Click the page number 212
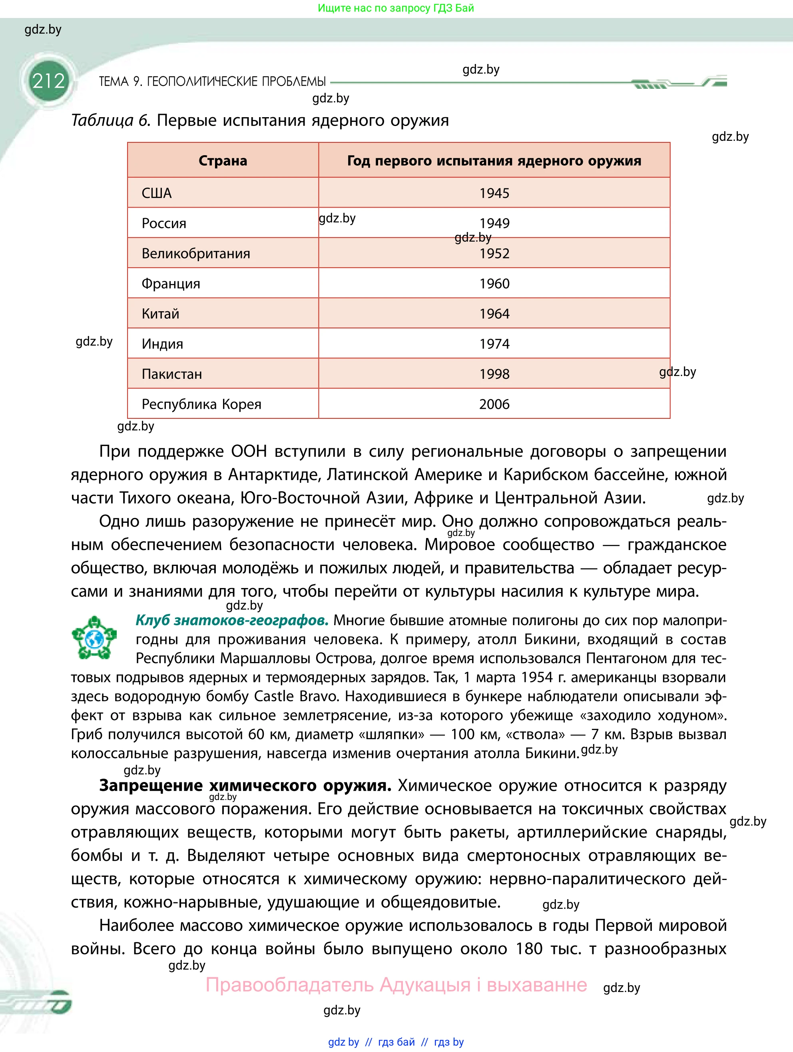pyautogui.click(x=48, y=81)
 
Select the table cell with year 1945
pyautogui.click(x=494, y=193)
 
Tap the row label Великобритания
pyautogui.click(x=196, y=254)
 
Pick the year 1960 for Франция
pyautogui.click(x=494, y=284)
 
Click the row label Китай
pyautogui.click(x=161, y=314)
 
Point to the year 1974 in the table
pyautogui.click(x=494, y=344)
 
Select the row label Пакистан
pyautogui.click(x=172, y=374)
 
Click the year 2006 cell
pyautogui.click(x=494, y=404)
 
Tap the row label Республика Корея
pyautogui.click(x=201, y=404)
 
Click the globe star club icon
pyautogui.click(x=94, y=638)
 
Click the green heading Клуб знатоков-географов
pyautogui.click(x=232, y=620)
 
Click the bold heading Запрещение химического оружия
pyautogui.click(x=245, y=785)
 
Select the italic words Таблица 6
pyautogui.click(x=111, y=120)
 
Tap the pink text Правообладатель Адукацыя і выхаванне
pyautogui.click(x=396, y=984)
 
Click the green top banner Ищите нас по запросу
pyautogui.click(x=396, y=8)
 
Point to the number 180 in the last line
pyautogui.click(x=529, y=948)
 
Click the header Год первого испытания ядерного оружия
pyautogui.click(x=494, y=161)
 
